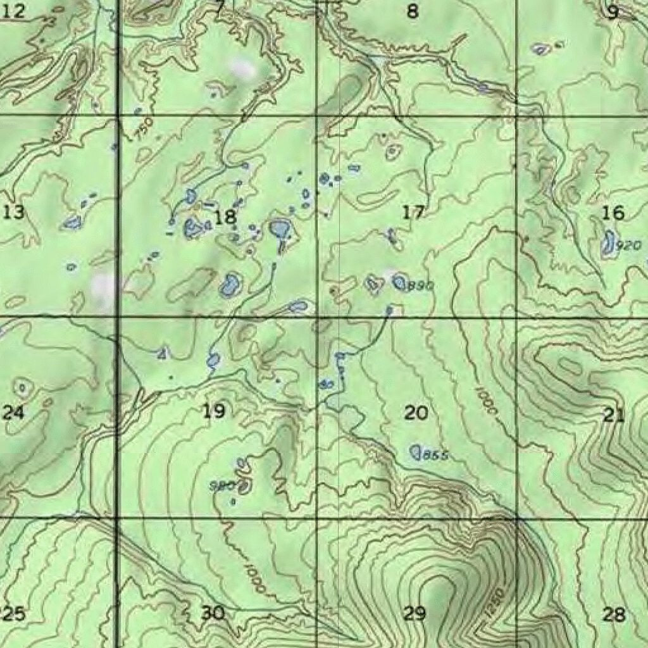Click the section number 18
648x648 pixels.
[x=225, y=218]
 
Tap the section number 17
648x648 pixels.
[x=413, y=213]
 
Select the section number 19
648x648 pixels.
[x=213, y=412]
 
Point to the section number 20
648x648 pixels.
[x=416, y=413]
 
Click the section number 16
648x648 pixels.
[x=613, y=213]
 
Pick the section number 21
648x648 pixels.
[x=613, y=415]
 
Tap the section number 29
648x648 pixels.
[x=415, y=613]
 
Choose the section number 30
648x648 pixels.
[x=213, y=613]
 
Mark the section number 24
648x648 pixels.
[x=13, y=413]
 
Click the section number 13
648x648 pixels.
[x=13, y=212]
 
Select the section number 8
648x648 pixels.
[x=413, y=11]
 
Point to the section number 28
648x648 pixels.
[x=613, y=613]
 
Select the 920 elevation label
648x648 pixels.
[x=628, y=246]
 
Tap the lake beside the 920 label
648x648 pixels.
[x=609, y=243]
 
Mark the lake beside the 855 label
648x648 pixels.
[x=416, y=452]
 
